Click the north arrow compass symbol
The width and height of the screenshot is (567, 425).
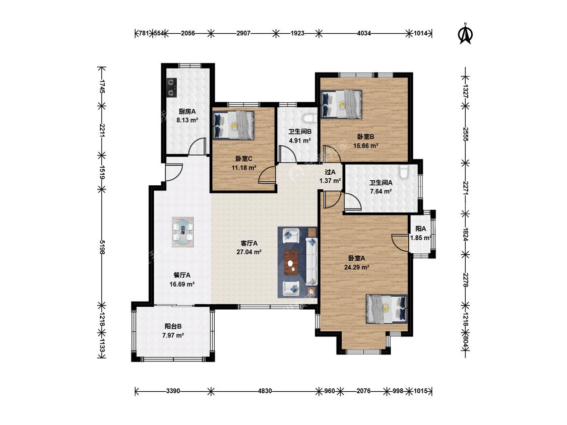(x=465, y=34)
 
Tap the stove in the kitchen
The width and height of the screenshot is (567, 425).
(x=171, y=88)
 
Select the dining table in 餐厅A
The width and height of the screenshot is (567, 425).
(x=182, y=232)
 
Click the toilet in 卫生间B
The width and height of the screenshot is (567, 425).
(x=309, y=118)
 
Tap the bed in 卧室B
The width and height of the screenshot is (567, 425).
(x=341, y=104)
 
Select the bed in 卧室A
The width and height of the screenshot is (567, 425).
(x=387, y=309)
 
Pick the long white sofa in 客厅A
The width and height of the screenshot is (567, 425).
(x=311, y=261)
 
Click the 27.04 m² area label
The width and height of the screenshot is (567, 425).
(x=249, y=252)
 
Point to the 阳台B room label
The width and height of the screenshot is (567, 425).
(x=173, y=326)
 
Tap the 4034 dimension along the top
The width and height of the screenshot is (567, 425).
(x=364, y=33)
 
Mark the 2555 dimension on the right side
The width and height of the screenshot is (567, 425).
(x=466, y=134)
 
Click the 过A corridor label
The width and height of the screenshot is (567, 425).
(x=330, y=172)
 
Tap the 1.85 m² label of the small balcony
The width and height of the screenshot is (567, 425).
(x=420, y=238)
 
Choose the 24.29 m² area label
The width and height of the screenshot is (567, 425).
(x=356, y=267)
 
